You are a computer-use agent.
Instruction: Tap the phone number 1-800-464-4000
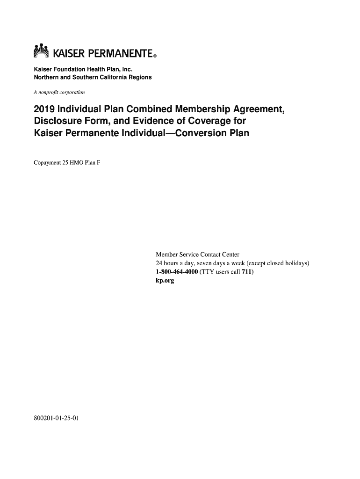[177, 272]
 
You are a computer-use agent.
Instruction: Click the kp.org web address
[165, 281]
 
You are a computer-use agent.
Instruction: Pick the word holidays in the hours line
[297, 263]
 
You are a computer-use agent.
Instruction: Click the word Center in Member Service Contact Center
[230, 254]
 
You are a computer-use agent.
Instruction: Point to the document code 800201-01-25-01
[57, 418]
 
